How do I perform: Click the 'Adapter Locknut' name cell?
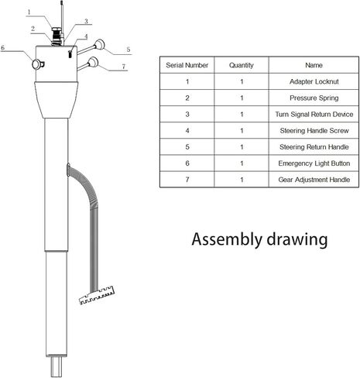(x=314, y=81)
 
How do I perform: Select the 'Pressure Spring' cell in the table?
(x=314, y=98)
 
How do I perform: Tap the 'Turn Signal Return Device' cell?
(x=314, y=114)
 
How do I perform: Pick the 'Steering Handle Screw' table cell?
(x=314, y=131)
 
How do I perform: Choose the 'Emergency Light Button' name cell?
(x=314, y=163)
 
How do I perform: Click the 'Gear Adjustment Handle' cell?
(x=314, y=180)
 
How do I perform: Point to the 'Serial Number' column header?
(x=187, y=65)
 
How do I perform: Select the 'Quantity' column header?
(x=242, y=65)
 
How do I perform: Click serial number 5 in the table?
(x=187, y=147)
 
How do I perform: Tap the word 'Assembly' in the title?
(x=227, y=239)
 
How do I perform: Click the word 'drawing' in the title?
(x=297, y=239)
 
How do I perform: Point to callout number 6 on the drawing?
(x=3, y=47)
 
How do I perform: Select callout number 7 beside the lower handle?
(x=124, y=67)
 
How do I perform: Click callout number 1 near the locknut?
(x=29, y=12)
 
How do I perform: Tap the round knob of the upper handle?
(x=100, y=45)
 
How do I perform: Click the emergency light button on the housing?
(x=38, y=64)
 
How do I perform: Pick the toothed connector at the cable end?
(x=97, y=295)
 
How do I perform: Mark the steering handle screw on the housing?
(x=70, y=54)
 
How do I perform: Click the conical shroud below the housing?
(x=57, y=100)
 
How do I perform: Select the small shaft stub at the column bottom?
(x=57, y=366)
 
